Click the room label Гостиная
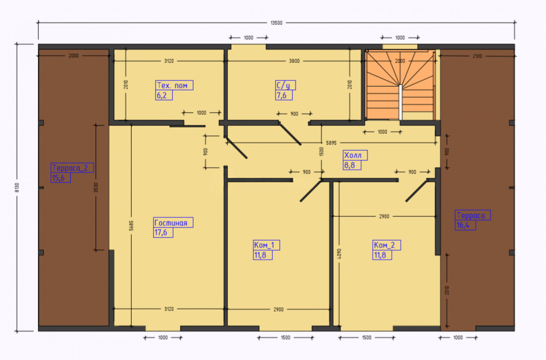[171, 223]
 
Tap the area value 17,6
[161, 233]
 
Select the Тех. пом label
[173, 85]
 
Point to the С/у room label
[283, 85]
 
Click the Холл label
[353, 156]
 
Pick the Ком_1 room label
[264, 245]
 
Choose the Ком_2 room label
[384, 245]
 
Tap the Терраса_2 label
[70, 168]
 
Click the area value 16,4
[463, 225]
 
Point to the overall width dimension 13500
[276, 23]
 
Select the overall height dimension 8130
[17, 187]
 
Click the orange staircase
[400, 85]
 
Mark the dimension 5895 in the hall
[331, 143]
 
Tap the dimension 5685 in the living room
[131, 226]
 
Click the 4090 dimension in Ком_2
[340, 253]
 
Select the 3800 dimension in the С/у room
[294, 61]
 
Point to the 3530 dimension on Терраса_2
[96, 187]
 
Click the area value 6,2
[162, 96]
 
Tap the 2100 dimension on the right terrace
[477, 56]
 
